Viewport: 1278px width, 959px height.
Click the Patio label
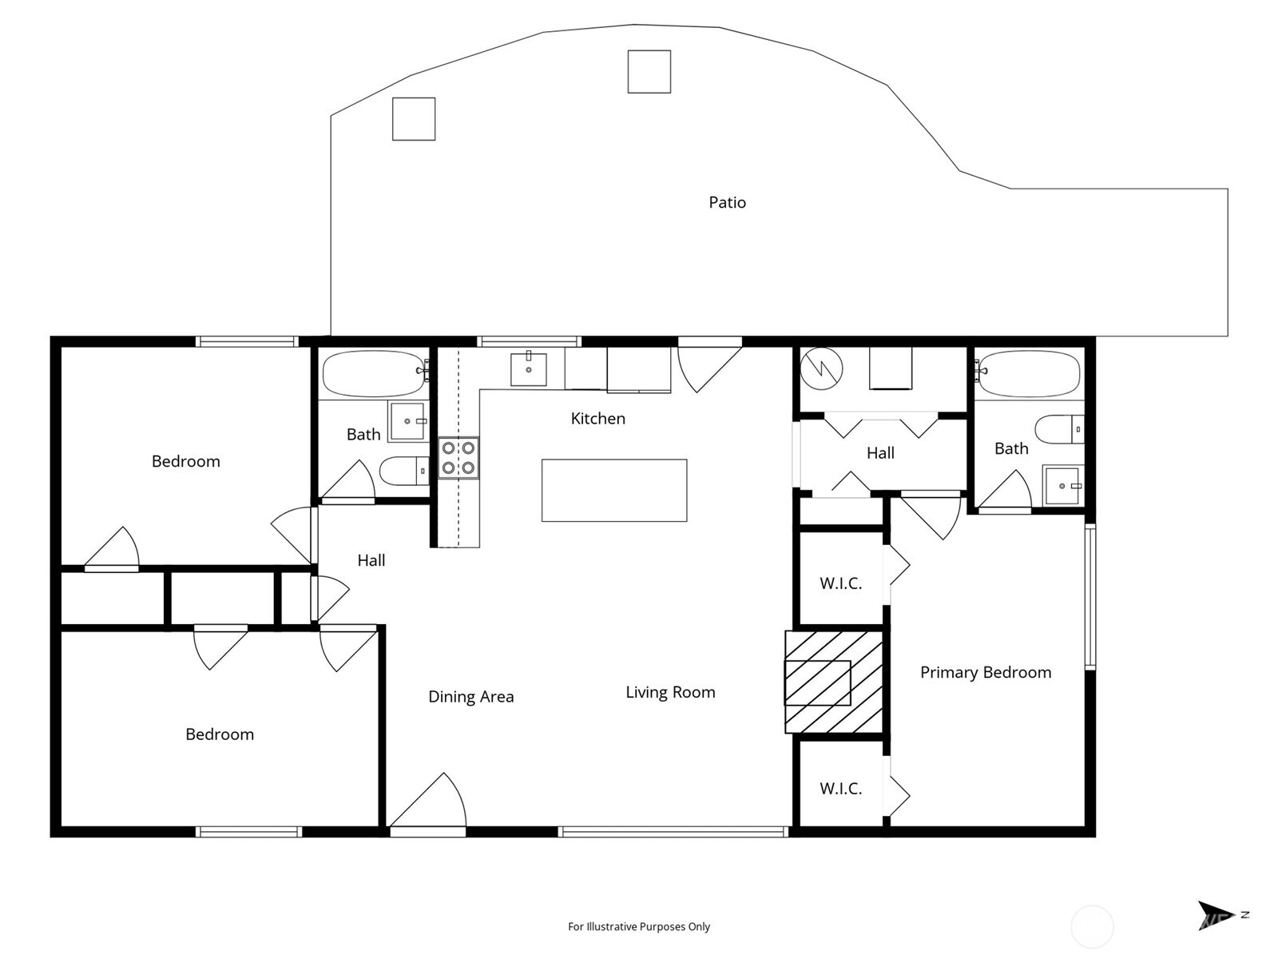(x=727, y=202)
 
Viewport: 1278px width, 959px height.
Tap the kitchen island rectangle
(x=614, y=490)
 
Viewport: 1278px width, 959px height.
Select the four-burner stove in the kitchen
(x=458, y=458)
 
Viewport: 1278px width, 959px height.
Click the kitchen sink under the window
(x=529, y=368)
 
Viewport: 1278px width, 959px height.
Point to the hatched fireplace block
(x=834, y=682)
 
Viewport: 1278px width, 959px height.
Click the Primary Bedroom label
(x=986, y=673)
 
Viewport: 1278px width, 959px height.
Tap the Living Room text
(x=670, y=692)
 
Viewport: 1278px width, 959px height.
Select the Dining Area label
(x=471, y=697)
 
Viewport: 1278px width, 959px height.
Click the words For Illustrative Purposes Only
(x=639, y=926)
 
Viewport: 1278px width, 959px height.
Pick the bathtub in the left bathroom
(x=375, y=373)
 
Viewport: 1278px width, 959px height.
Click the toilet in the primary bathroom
(x=1060, y=429)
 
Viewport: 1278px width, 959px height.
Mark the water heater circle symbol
(x=821, y=368)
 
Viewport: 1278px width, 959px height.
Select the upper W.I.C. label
(x=841, y=583)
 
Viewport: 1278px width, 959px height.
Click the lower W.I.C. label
(x=841, y=789)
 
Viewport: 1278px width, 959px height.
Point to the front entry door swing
(x=428, y=800)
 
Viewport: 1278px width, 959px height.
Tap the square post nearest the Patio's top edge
(x=649, y=72)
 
